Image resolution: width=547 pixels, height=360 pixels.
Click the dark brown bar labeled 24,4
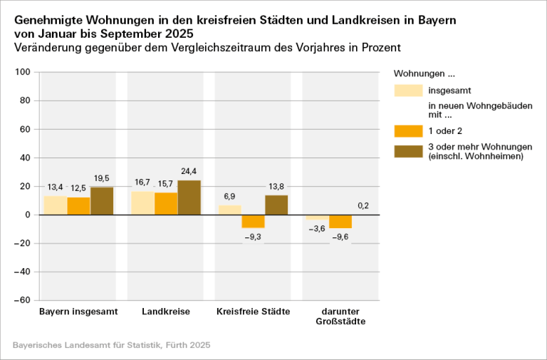pyautogui.click(x=189, y=197)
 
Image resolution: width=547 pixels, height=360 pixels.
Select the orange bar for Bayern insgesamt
pyautogui.click(x=79, y=206)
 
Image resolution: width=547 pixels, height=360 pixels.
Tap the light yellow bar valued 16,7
pyautogui.click(x=142, y=203)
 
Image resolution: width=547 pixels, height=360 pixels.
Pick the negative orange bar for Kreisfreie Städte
pyautogui.click(x=253, y=221)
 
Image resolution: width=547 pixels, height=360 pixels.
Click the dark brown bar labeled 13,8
pyautogui.click(x=276, y=205)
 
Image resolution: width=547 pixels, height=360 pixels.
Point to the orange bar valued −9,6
pyautogui.click(x=340, y=221)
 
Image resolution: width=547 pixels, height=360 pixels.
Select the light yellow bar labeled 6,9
pyautogui.click(x=229, y=210)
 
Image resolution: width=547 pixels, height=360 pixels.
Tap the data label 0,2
pyautogui.click(x=363, y=206)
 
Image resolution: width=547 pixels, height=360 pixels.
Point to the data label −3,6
pyautogui.click(x=317, y=229)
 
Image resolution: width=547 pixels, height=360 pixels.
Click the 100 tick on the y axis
pyautogui.click(x=22, y=72)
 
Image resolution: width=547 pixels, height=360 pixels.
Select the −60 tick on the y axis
pyautogui.click(x=21, y=300)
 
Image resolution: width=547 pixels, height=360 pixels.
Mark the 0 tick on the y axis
pyautogui.click(x=27, y=215)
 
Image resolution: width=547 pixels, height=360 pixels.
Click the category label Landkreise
pyautogui.click(x=166, y=312)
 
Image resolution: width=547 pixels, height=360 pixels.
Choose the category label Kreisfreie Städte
pyautogui.click(x=253, y=312)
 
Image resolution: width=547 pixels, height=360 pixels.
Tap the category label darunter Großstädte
pyautogui.click(x=340, y=317)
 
